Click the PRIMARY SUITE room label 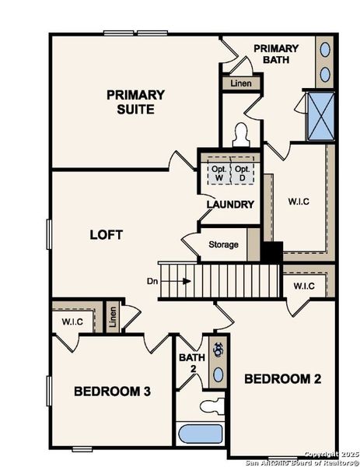[135, 102]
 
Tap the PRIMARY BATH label [276, 54]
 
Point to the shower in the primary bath [320, 116]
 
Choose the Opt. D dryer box [243, 172]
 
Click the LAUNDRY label [230, 205]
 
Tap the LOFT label [107, 234]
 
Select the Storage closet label [224, 245]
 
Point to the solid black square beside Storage [271, 253]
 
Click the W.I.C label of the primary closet [299, 202]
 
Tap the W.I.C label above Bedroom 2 [304, 286]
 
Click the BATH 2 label [190, 363]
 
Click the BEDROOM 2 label [282, 379]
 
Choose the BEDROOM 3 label [112, 391]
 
